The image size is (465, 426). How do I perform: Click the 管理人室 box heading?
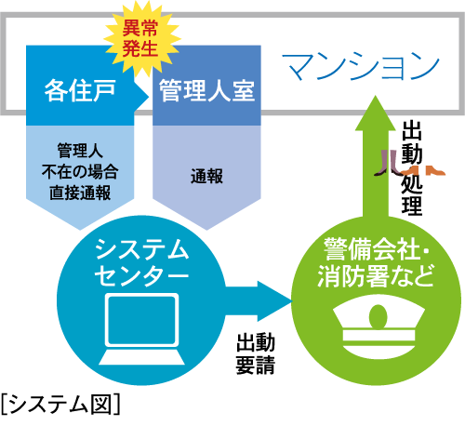[206, 91]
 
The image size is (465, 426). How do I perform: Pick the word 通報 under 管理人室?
[206, 174]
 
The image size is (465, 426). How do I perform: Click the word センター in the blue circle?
[141, 277]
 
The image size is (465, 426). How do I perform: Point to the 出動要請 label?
[255, 353]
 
